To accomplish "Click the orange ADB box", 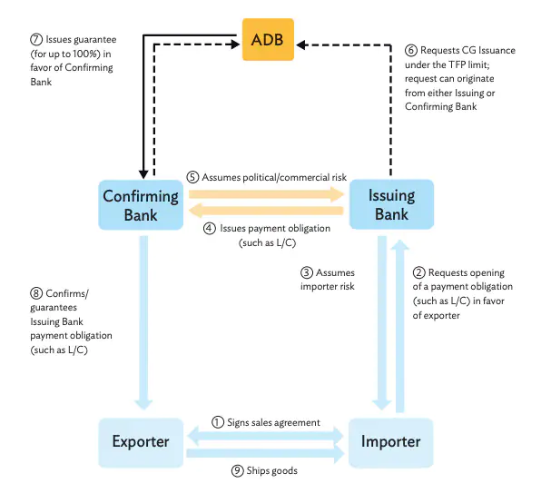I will (x=269, y=40).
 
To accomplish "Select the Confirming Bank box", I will (x=143, y=204).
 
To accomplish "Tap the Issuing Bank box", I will (x=391, y=204).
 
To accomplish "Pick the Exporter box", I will (x=141, y=442).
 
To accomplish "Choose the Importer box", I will (x=391, y=442).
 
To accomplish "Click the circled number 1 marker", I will (x=217, y=422).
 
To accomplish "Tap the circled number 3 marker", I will (x=307, y=272).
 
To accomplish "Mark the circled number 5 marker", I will (x=192, y=175).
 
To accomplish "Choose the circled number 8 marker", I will (x=35, y=293).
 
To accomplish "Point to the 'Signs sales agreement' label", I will (x=272, y=422).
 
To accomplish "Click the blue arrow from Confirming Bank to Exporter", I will (x=143, y=318).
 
